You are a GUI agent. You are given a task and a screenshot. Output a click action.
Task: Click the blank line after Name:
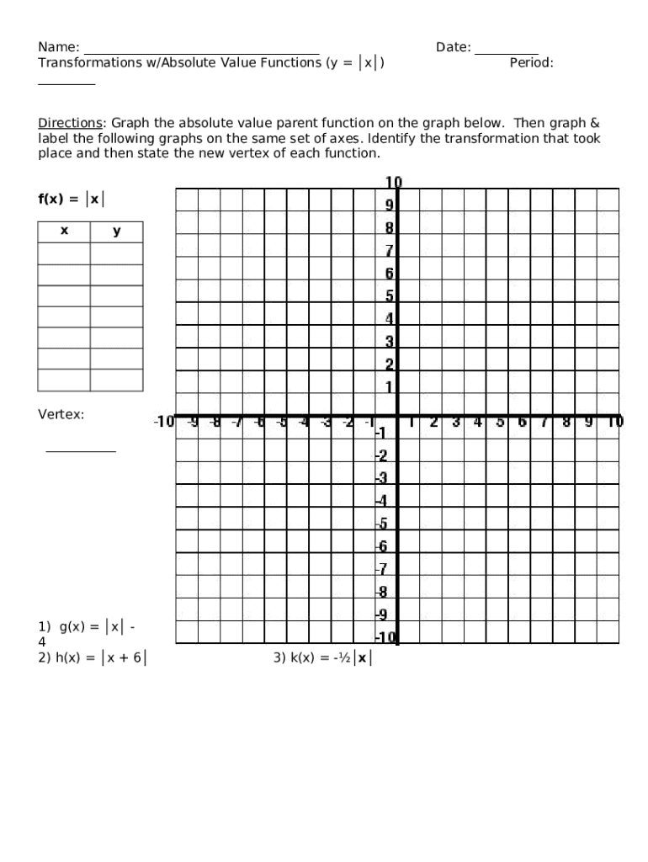coord(201,49)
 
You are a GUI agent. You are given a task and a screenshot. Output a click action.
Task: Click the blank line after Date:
coord(506,49)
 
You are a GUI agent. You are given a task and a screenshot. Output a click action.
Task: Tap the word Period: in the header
coord(531,63)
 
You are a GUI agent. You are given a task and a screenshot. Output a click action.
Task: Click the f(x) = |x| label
coord(72,200)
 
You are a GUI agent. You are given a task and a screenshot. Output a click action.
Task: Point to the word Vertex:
coord(61,415)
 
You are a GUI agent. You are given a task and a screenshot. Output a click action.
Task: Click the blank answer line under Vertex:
coord(81,450)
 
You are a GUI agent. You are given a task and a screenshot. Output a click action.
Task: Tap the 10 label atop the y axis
coord(393,183)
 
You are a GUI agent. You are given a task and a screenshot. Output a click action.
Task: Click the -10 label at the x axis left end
coord(163,421)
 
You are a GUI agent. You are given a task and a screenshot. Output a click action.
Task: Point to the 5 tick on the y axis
coord(390,295)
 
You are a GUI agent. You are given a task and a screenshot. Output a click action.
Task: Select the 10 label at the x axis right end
coord(615,421)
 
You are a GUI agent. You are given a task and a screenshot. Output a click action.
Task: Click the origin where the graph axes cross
coord(397,416)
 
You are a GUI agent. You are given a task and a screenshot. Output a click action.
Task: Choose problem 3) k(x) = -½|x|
coord(321,658)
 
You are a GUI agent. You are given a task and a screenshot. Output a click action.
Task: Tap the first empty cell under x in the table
coord(64,253)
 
